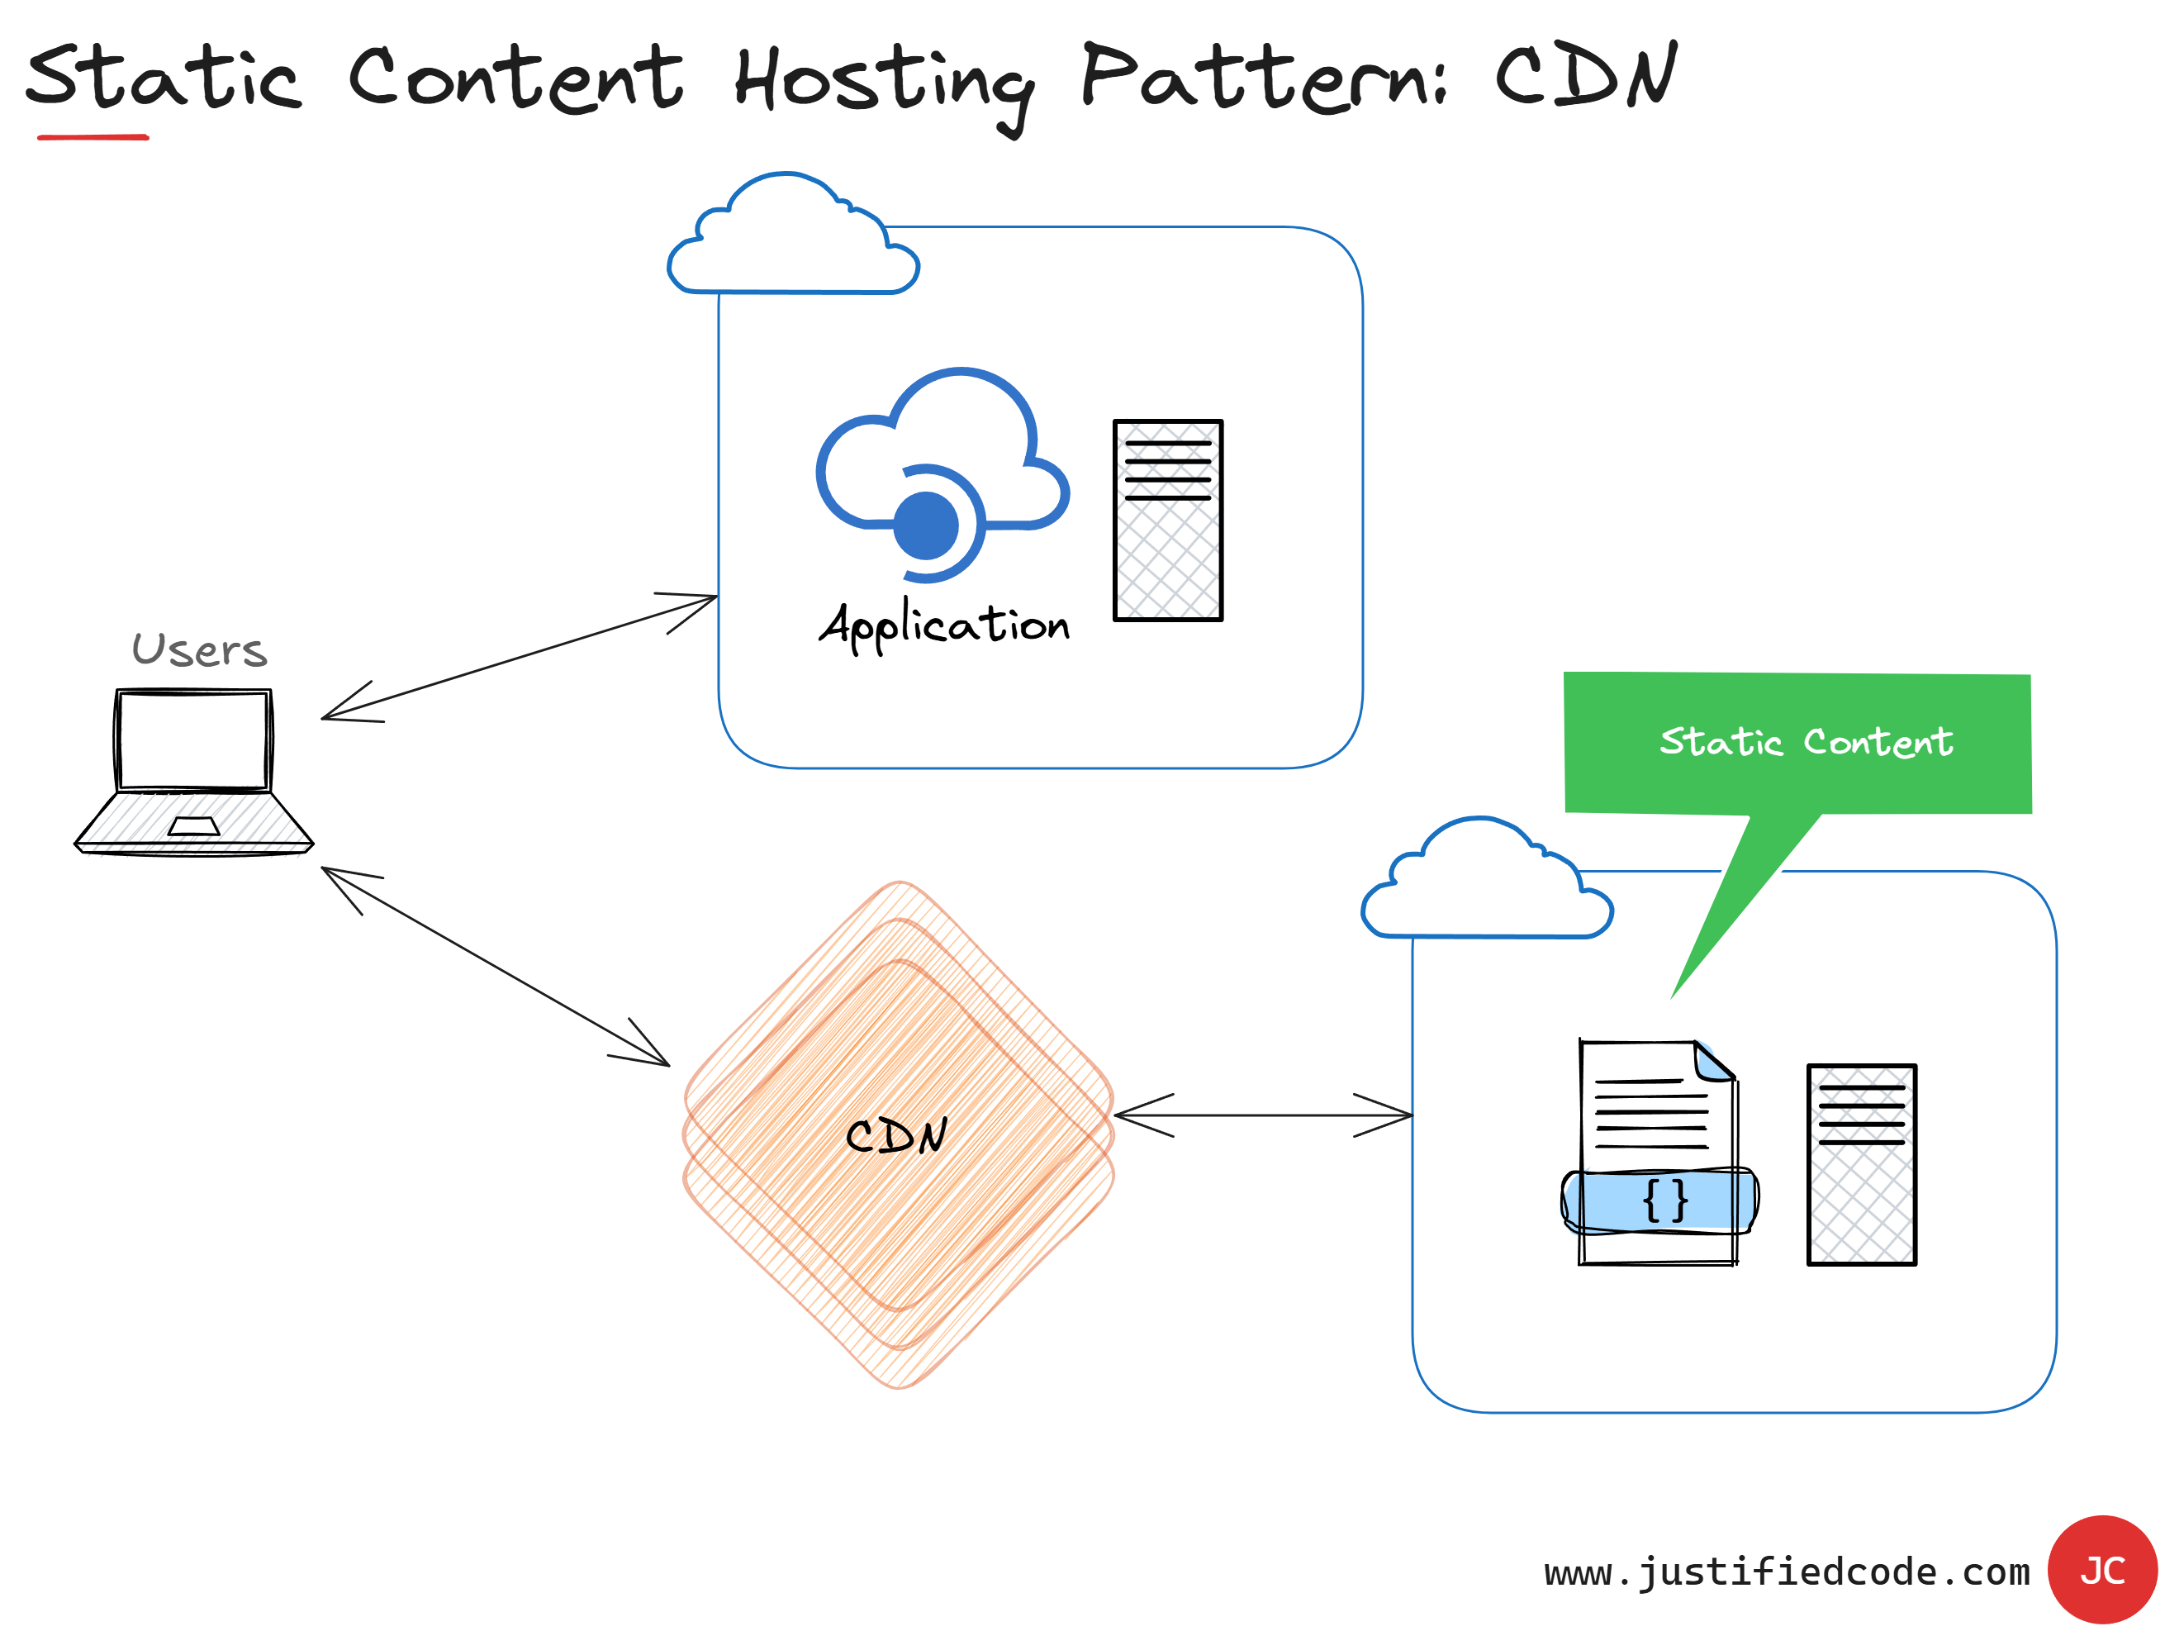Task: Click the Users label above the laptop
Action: coord(199,649)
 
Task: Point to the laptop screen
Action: coord(193,740)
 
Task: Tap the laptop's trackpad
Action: coord(193,826)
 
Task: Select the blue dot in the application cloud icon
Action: coord(926,525)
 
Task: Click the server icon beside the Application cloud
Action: coord(1168,521)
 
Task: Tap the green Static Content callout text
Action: coord(1806,742)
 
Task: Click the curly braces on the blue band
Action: coord(1664,1200)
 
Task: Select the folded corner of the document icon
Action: coord(1714,1062)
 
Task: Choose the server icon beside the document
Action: coord(1861,1164)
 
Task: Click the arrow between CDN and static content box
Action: coord(1263,1115)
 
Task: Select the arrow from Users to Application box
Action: coord(520,658)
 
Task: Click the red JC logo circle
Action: coord(2102,1569)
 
